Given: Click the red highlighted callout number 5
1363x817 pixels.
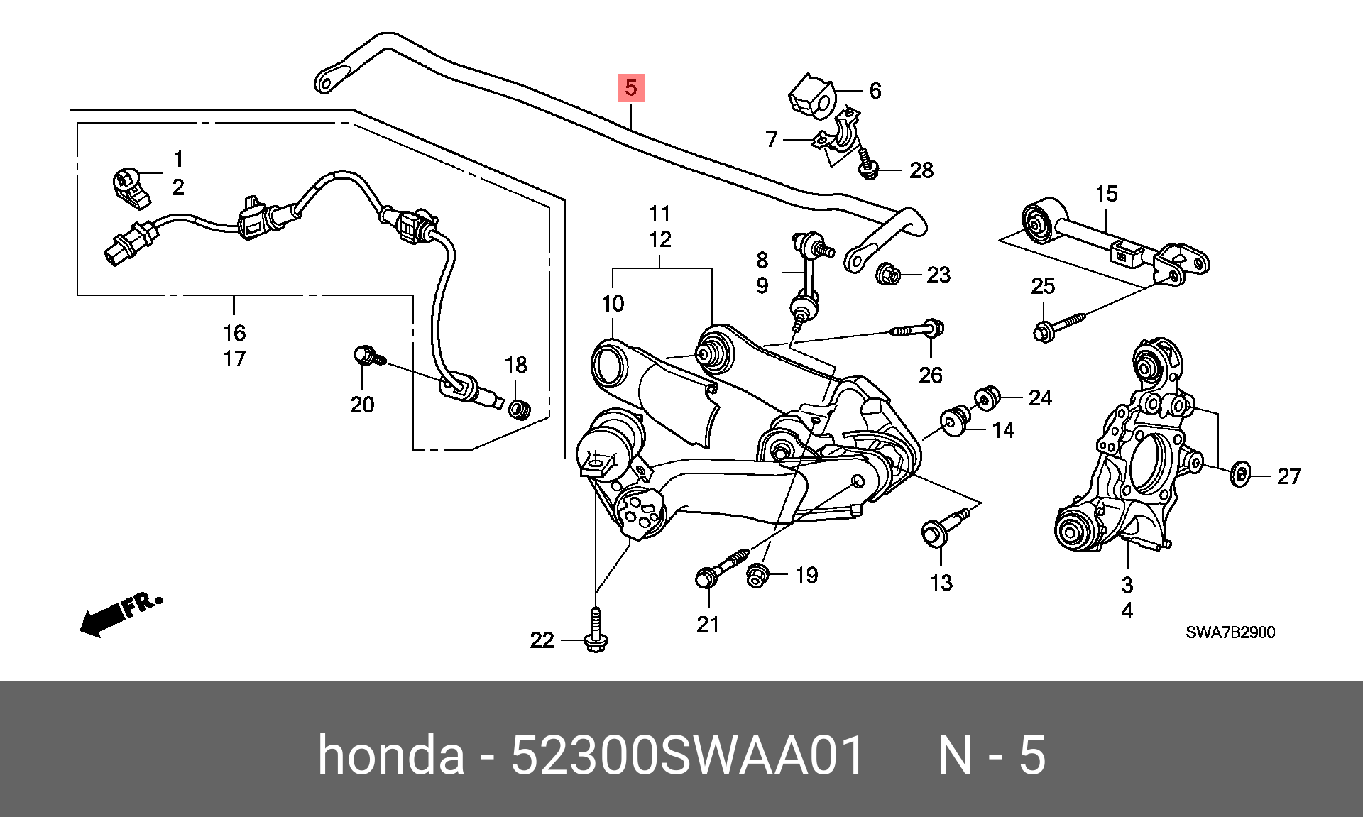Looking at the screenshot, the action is pos(631,88).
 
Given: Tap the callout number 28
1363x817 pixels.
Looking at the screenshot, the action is pos(921,170).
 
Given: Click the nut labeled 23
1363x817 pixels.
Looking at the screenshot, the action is pos(888,273).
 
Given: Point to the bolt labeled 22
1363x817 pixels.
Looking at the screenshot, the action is pos(595,630).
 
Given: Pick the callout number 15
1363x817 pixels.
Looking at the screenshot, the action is pos(1107,194).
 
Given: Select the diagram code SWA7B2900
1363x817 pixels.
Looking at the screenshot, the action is pos(1230,632).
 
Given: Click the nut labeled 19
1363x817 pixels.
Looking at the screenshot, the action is pos(757,576).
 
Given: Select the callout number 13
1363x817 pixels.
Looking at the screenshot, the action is pos(941,583).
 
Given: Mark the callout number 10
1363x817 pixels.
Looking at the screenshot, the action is pos(613,304).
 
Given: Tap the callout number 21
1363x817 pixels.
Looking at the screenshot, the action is pos(708,625).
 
